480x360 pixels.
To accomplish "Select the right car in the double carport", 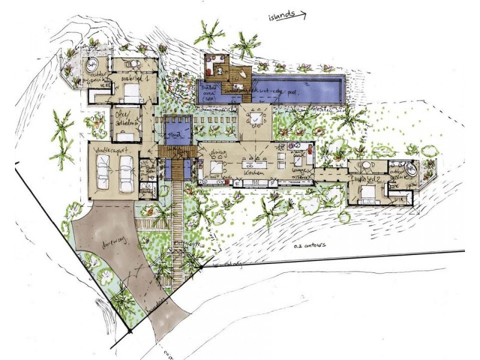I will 127,173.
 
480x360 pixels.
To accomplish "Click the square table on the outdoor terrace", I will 256,119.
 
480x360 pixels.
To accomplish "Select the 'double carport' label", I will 111,148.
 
